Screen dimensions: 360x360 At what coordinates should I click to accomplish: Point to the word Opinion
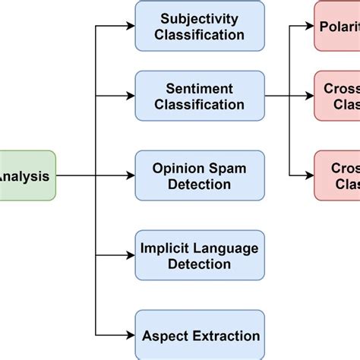click(179, 168)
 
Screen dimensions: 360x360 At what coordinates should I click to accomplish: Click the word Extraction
click(226, 335)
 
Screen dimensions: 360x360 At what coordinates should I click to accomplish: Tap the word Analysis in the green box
click(25, 176)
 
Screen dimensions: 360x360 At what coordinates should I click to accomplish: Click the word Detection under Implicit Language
click(200, 264)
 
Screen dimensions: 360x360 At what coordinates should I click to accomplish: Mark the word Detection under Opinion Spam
click(200, 185)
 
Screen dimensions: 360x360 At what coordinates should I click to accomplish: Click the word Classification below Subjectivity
click(200, 34)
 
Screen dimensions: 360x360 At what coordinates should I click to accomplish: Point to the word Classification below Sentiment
click(200, 106)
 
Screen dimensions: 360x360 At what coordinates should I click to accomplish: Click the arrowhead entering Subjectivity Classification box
click(130, 26)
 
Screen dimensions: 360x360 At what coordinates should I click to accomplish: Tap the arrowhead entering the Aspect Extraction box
click(130, 335)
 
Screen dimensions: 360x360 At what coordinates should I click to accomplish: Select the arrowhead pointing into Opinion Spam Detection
click(130, 176)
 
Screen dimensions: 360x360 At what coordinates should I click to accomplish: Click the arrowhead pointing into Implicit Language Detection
click(130, 256)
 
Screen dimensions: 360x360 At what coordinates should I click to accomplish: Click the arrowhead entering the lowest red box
click(309, 176)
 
